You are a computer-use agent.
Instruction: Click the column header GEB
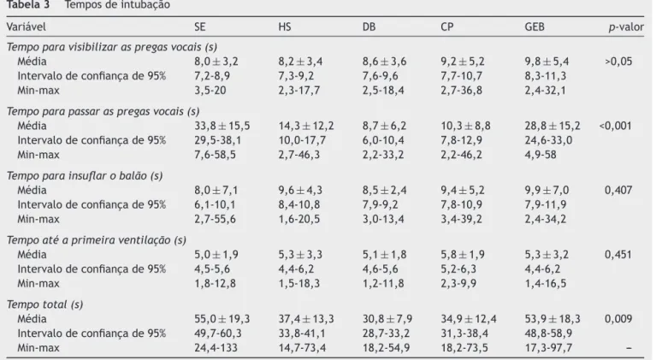point(535,27)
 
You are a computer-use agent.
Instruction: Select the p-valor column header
point(626,27)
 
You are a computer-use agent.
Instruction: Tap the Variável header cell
point(26,27)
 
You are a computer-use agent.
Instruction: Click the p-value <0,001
point(615,126)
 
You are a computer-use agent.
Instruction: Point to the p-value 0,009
point(618,319)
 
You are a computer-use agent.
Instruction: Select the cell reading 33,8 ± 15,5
point(222,126)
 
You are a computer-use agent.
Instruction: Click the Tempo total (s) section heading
point(44,304)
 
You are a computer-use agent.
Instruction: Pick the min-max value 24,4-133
point(216,348)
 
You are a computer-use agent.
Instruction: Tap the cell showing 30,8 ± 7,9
point(387,319)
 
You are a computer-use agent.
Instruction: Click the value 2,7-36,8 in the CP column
point(461,91)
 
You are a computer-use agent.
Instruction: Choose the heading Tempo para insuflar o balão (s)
point(85,175)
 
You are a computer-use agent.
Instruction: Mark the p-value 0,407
point(618,190)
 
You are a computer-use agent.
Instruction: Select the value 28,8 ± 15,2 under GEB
point(553,126)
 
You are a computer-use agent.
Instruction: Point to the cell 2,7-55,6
point(215,219)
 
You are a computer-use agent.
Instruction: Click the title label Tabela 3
point(27,5)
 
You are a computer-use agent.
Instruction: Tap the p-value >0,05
point(618,62)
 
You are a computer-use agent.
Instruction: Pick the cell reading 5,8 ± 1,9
point(463,255)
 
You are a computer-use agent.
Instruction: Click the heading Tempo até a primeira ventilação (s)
point(97,240)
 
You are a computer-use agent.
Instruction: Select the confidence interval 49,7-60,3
point(217,333)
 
